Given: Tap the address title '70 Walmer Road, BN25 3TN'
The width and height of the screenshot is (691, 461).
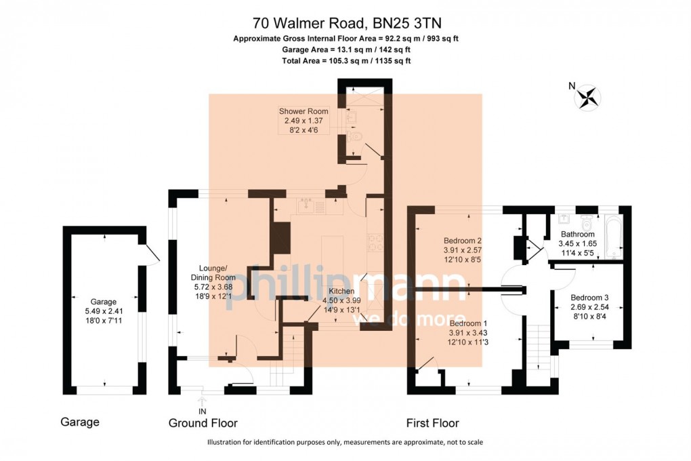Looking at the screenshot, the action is point(347,22).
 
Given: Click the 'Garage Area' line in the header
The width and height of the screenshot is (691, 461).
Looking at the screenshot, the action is point(346,49).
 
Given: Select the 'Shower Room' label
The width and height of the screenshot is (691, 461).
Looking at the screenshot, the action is point(303,111).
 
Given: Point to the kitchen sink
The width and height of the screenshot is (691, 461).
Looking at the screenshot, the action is point(306,205).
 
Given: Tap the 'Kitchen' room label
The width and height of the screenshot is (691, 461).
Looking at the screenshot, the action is point(341,291).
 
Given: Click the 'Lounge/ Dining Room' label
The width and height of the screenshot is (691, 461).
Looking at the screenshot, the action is point(213,273).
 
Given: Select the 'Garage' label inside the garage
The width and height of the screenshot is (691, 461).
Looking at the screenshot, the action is point(104,302).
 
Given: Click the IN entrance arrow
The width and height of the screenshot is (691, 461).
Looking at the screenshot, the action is point(203,401).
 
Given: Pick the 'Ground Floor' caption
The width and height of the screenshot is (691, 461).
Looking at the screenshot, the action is point(203,423).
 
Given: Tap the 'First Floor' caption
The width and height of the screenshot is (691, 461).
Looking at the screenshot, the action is point(433,423).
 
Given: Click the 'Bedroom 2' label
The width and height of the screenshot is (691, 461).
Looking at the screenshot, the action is point(462,241).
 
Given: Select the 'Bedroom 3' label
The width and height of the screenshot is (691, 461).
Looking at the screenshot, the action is point(589,298).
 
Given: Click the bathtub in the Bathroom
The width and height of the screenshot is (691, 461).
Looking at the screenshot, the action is point(614,237).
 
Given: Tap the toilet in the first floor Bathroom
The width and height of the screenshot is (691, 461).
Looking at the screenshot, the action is point(586,220).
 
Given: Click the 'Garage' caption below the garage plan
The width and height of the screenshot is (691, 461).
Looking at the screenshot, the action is point(80,422).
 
